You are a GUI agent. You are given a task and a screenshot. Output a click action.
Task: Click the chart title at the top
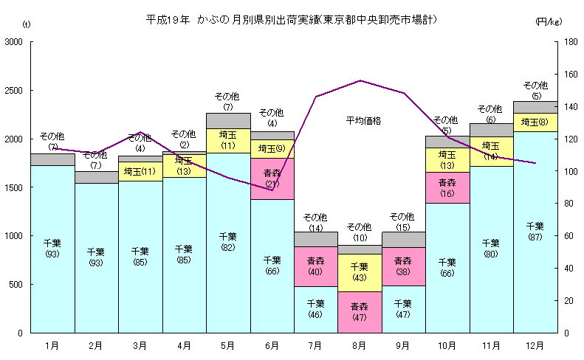pyautogui.click(x=292, y=20)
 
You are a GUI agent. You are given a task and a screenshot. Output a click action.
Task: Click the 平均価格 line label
pyautogui.click(x=363, y=120)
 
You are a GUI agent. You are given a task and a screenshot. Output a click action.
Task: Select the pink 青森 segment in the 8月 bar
pyautogui.click(x=360, y=312)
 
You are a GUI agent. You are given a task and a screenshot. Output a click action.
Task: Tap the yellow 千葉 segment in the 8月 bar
pyautogui.click(x=360, y=272)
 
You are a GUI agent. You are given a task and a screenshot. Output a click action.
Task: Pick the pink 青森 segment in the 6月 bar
pyautogui.click(x=272, y=179)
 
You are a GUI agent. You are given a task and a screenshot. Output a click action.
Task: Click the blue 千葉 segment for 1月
pyautogui.click(x=52, y=249)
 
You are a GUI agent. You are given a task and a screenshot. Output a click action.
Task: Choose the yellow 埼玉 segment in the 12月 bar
pyautogui.click(x=535, y=122)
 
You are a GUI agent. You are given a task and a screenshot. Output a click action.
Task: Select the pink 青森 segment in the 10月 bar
pyautogui.click(x=447, y=187)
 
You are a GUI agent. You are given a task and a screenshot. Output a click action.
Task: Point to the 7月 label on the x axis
pyautogui.click(x=315, y=345)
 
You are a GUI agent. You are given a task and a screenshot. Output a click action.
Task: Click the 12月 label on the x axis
pyautogui.click(x=535, y=345)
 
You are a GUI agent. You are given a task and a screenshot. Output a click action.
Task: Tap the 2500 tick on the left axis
pyautogui.click(x=16, y=91)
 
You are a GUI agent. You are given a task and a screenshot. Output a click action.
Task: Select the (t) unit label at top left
pyautogui.click(x=27, y=26)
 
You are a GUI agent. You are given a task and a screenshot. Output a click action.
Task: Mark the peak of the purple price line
pyautogui.click(x=360, y=80)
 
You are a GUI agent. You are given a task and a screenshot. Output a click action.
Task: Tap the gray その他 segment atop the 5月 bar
pyautogui.click(x=228, y=120)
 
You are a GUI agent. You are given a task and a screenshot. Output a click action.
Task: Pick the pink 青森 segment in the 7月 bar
pyautogui.click(x=315, y=266)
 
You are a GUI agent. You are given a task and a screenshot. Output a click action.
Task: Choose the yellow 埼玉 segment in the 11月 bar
pyautogui.click(x=491, y=151)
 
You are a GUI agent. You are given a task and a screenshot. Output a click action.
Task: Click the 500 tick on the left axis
pyautogui.click(x=18, y=285)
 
